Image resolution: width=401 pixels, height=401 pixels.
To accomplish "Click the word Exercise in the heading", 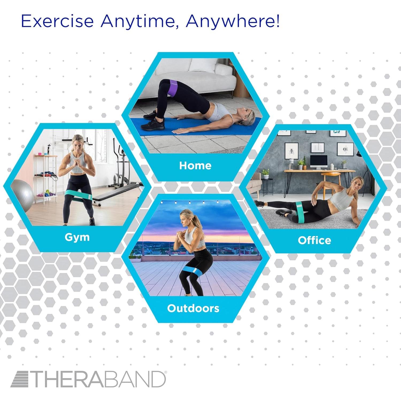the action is tap(57, 21).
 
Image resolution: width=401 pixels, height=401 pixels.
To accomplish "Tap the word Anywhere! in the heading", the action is tap(233, 21).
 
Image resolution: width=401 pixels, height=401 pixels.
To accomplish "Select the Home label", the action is tap(195, 165).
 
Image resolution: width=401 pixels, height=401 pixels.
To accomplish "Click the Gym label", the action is tap(77, 237).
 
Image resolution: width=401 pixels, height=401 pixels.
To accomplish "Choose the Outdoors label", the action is tap(193, 308).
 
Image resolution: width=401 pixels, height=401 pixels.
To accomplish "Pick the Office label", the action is tap(314, 240).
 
